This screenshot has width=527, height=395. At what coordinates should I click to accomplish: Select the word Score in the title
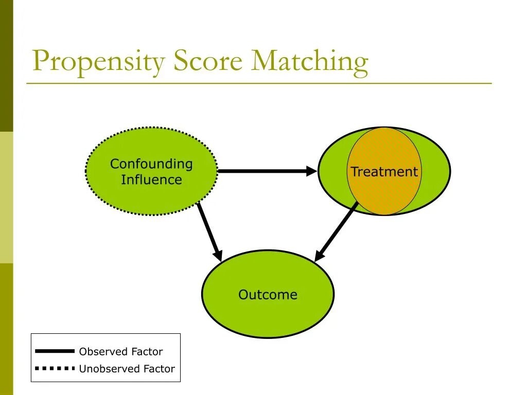[x=207, y=61]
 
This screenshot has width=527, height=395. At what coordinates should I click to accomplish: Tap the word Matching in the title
[x=310, y=62]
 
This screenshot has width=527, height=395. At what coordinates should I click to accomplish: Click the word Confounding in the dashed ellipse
[x=151, y=164]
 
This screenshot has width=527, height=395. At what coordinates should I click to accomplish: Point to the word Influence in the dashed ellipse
[x=151, y=180]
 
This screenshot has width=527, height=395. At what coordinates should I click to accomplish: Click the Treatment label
[x=384, y=172]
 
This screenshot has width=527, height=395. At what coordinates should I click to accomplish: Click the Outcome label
[x=268, y=295]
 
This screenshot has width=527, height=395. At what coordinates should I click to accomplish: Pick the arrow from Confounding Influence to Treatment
[x=262, y=171]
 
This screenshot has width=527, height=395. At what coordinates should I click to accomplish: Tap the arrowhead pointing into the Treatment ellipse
[x=312, y=171]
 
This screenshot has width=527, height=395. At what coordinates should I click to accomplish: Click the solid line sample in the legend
[x=55, y=351]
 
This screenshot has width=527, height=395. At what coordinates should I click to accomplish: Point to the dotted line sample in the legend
[x=55, y=368]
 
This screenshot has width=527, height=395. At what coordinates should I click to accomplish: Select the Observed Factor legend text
[x=120, y=352]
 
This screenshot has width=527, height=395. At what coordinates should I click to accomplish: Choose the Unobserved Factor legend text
[x=127, y=369]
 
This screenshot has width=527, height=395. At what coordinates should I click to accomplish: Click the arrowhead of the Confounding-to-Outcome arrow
[x=218, y=255]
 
